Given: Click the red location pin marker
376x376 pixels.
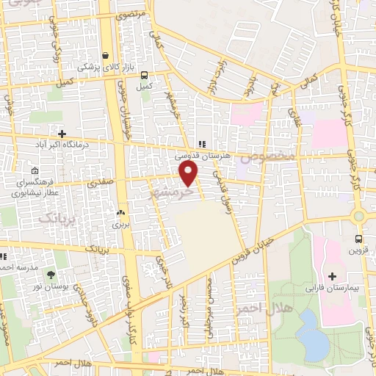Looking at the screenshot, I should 189,173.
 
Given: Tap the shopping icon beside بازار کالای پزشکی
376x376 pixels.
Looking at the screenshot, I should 107,56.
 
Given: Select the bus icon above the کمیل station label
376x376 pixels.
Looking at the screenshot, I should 143,75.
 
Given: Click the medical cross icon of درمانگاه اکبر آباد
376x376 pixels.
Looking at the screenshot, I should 62,134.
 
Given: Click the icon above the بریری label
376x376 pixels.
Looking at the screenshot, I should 119,212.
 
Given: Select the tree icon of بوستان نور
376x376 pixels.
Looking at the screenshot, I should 51,275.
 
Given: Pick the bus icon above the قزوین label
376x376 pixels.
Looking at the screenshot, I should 358,239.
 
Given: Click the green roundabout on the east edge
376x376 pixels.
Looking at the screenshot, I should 358,217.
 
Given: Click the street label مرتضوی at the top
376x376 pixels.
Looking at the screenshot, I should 133,15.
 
